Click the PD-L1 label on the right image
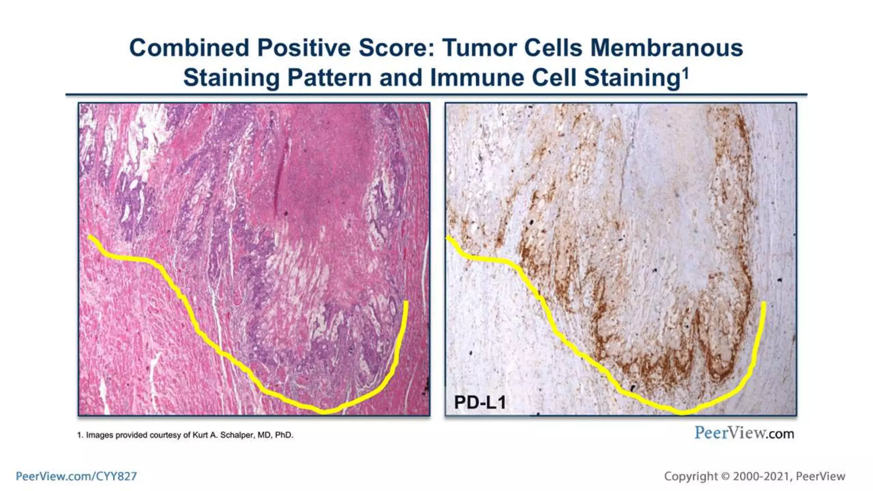click(x=480, y=402)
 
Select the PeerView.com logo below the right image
click(x=744, y=433)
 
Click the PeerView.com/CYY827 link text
click(x=76, y=476)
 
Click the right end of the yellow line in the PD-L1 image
click(x=764, y=303)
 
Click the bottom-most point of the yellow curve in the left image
click(x=324, y=412)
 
